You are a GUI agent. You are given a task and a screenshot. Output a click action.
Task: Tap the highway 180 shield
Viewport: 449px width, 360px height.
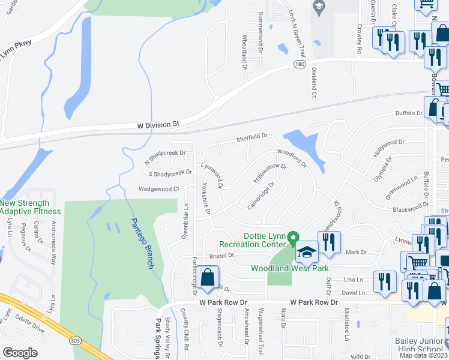click(x=299, y=64)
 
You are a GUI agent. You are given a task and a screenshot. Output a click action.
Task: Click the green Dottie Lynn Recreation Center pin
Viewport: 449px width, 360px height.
click(x=294, y=239)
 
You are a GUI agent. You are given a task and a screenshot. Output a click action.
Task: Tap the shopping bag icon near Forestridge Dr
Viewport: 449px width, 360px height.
click(x=207, y=279)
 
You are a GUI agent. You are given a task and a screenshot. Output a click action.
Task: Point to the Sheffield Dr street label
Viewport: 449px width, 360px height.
click(x=251, y=137)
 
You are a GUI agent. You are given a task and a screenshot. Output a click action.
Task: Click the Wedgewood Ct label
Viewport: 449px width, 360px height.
click(x=159, y=188)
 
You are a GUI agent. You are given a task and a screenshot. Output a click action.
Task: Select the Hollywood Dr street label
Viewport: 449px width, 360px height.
click(x=388, y=148)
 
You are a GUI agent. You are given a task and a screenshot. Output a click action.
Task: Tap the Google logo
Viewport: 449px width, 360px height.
click(x=21, y=352)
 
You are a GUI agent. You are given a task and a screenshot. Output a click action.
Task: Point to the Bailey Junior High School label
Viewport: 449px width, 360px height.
click(x=418, y=346)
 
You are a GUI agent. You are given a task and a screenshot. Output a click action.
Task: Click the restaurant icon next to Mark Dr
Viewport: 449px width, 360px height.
click(x=328, y=242)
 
